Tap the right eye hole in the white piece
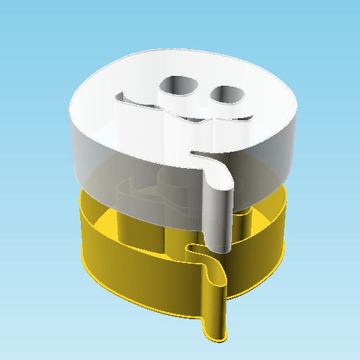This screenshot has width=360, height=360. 226,94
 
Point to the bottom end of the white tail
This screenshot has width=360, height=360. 219,247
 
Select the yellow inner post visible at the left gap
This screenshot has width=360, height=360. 127,225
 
